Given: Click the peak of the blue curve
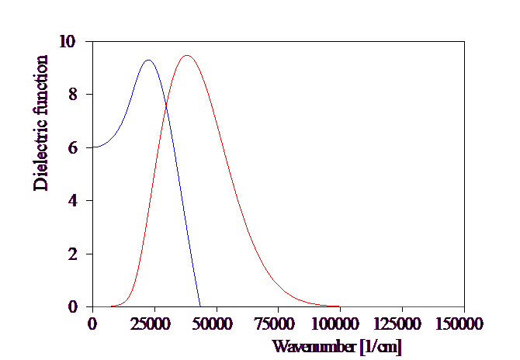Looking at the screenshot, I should (x=148, y=60).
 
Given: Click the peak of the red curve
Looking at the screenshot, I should (x=186, y=56).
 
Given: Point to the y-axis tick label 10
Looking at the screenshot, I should (x=68, y=41).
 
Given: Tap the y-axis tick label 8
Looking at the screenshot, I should (x=73, y=94).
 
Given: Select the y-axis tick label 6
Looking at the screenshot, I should (x=73, y=147).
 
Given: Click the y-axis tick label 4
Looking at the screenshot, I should (x=73, y=200).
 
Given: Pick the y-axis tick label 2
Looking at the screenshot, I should (x=73, y=254).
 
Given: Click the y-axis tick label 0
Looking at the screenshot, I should (x=73, y=306).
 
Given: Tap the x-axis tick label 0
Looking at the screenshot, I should (x=93, y=324).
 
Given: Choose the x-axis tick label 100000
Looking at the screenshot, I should (x=336, y=324).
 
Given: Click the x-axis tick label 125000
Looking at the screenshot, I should (x=398, y=324).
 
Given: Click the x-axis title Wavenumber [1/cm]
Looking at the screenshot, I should (x=338, y=346).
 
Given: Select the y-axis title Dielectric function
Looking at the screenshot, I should (x=40, y=123).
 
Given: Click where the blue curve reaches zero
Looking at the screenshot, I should (x=201, y=306).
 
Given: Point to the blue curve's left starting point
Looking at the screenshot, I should (x=93, y=147).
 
